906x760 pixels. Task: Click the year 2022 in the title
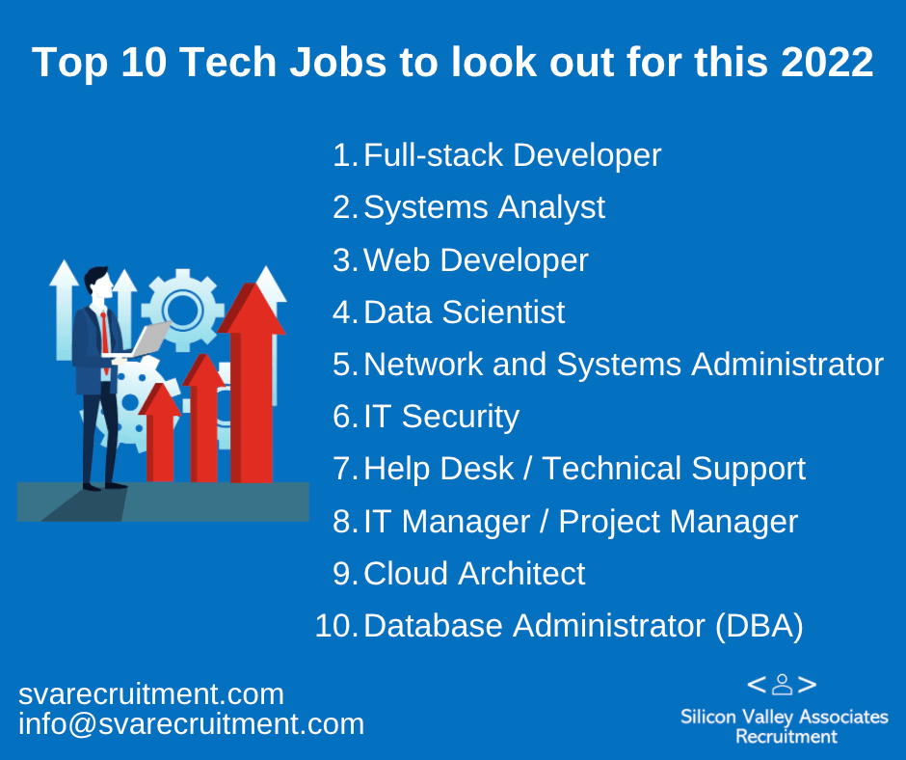[x=827, y=62]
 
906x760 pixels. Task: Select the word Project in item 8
[x=609, y=523]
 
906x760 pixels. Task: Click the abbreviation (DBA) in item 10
[x=759, y=626]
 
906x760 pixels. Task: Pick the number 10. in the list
[x=337, y=626]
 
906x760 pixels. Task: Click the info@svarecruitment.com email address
[x=191, y=724]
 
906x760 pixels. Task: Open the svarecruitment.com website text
[x=151, y=694]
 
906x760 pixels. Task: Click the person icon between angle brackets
[x=782, y=684]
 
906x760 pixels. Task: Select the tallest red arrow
[x=252, y=382]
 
